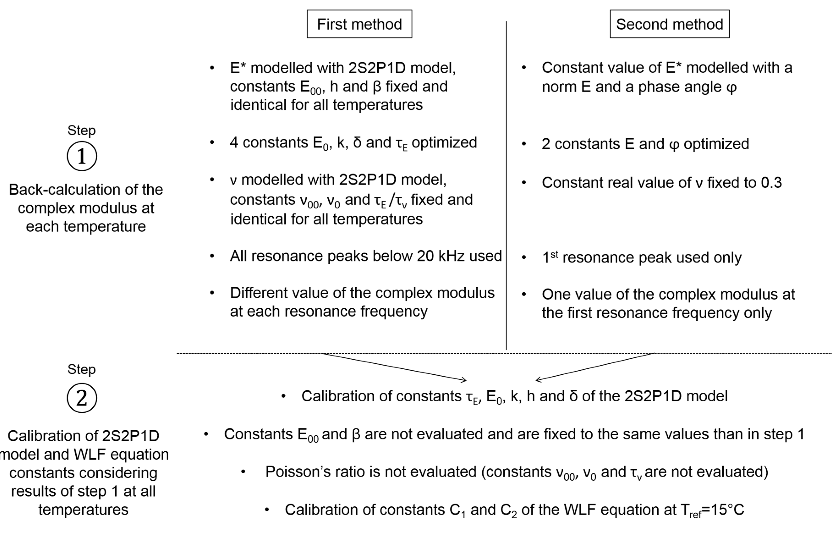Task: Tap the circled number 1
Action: click(x=82, y=156)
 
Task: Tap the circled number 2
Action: click(x=82, y=398)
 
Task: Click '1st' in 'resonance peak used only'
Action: click(x=550, y=257)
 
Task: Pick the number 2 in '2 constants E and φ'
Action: click(x=546, y=144)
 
